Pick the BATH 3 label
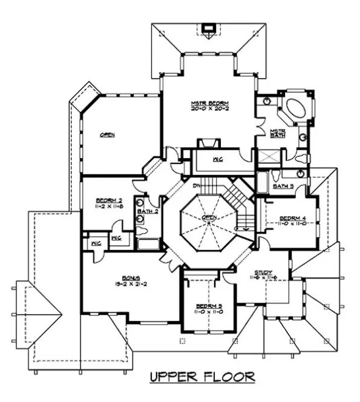[x=283, y=186]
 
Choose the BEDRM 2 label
[x=110, y=200]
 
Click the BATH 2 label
[x=147, y=211]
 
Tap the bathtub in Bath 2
[x=148, y=244]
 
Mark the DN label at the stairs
[x=197, y=186]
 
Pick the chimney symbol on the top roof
[x=210, y=27]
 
